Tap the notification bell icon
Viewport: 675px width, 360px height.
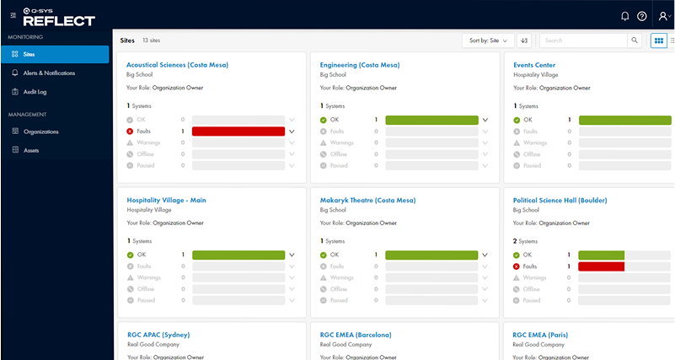coord(624,16)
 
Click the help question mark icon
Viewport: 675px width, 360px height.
coord(642,16)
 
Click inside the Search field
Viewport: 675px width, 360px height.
coord(583,40)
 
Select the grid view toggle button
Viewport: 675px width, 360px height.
coord(659,40)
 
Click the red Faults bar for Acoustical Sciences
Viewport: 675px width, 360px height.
coord(238,132)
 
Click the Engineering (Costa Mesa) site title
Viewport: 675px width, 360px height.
coord(360,65)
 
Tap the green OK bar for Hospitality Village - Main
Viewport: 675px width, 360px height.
coord(238,255)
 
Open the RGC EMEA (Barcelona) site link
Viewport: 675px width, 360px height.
coord(356,335)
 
